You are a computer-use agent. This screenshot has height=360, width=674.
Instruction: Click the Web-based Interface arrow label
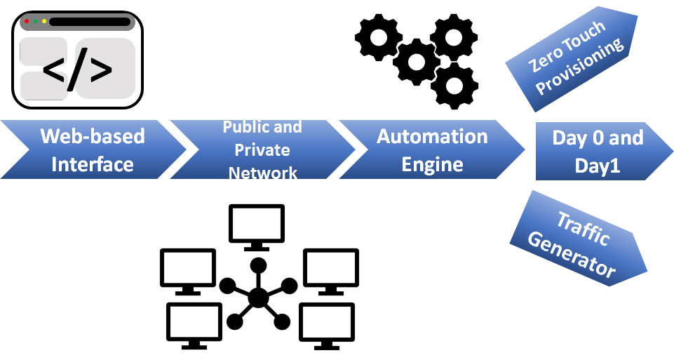(x=92, y=149)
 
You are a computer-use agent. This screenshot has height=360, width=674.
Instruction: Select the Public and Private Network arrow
(x=262, y=149)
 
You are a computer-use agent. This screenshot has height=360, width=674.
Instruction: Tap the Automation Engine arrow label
(x=432, y=149)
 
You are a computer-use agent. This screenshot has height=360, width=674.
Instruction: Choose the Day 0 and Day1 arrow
(x=598, y=151)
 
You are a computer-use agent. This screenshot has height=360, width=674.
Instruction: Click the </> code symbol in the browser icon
(x=77, y=70)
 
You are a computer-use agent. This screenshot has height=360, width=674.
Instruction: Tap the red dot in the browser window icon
(x=27, y=22)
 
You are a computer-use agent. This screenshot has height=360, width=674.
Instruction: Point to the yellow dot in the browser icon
(x=44, y=22)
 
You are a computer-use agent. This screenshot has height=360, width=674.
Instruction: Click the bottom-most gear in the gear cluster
(x=454, y=86)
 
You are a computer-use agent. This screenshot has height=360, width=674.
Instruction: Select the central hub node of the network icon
(x=258, y=297)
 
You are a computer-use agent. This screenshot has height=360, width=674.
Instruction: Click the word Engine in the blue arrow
(x=432, y=165)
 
